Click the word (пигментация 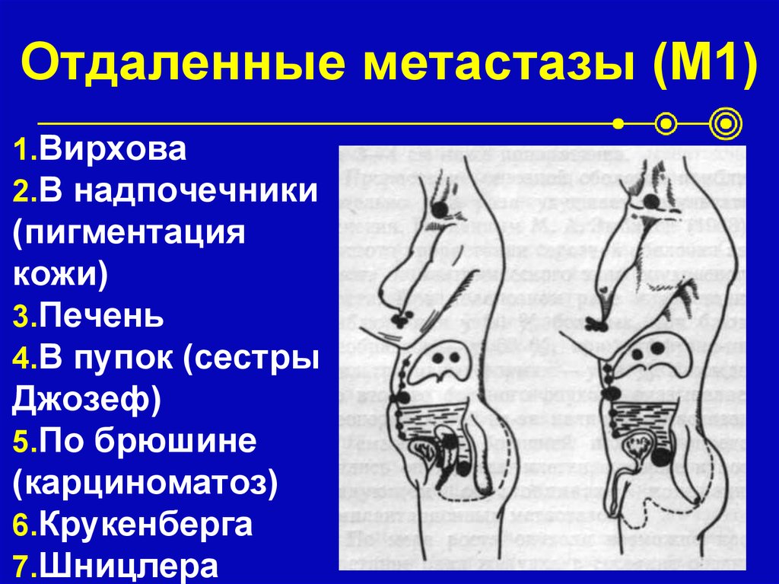click(x=129, y=232)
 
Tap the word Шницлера click(x=129, y=566)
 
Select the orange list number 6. click(x=21, y=526)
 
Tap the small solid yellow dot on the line click(x=618, y=122)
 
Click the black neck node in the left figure click(x=439, y=206)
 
